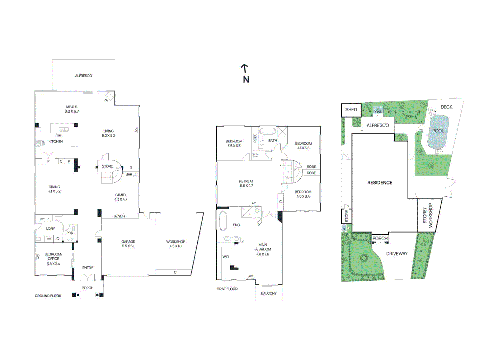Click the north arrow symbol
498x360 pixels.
tap(245, 68)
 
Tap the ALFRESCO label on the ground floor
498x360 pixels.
tap(83, 76)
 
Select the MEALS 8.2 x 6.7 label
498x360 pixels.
tap(72, 109)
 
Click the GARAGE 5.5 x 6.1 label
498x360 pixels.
tap(128, 244)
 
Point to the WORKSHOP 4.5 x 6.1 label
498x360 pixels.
tap(175, 244)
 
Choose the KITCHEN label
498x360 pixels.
tap(56, 142)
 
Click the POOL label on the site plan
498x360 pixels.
tap(438, 131)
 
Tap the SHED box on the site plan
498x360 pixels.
tap(351, 110)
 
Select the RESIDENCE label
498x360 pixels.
tap(380, 183)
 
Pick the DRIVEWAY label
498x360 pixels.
tap(397, 254)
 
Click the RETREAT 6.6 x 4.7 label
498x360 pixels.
tap(246, 183)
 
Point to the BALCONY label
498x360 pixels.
tap(269, 293)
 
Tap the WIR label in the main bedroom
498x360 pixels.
tap(226, 257)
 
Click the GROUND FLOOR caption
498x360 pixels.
tap(48, 296)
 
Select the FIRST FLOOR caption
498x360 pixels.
tap(227, 289)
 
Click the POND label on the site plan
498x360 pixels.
tap(378, 112)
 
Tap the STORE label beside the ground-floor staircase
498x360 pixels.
tap(107, 166)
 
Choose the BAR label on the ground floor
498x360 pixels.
tap(129, 174)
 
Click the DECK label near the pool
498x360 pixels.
tap(446, 107)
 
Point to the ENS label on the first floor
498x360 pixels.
tap(236, 225)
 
